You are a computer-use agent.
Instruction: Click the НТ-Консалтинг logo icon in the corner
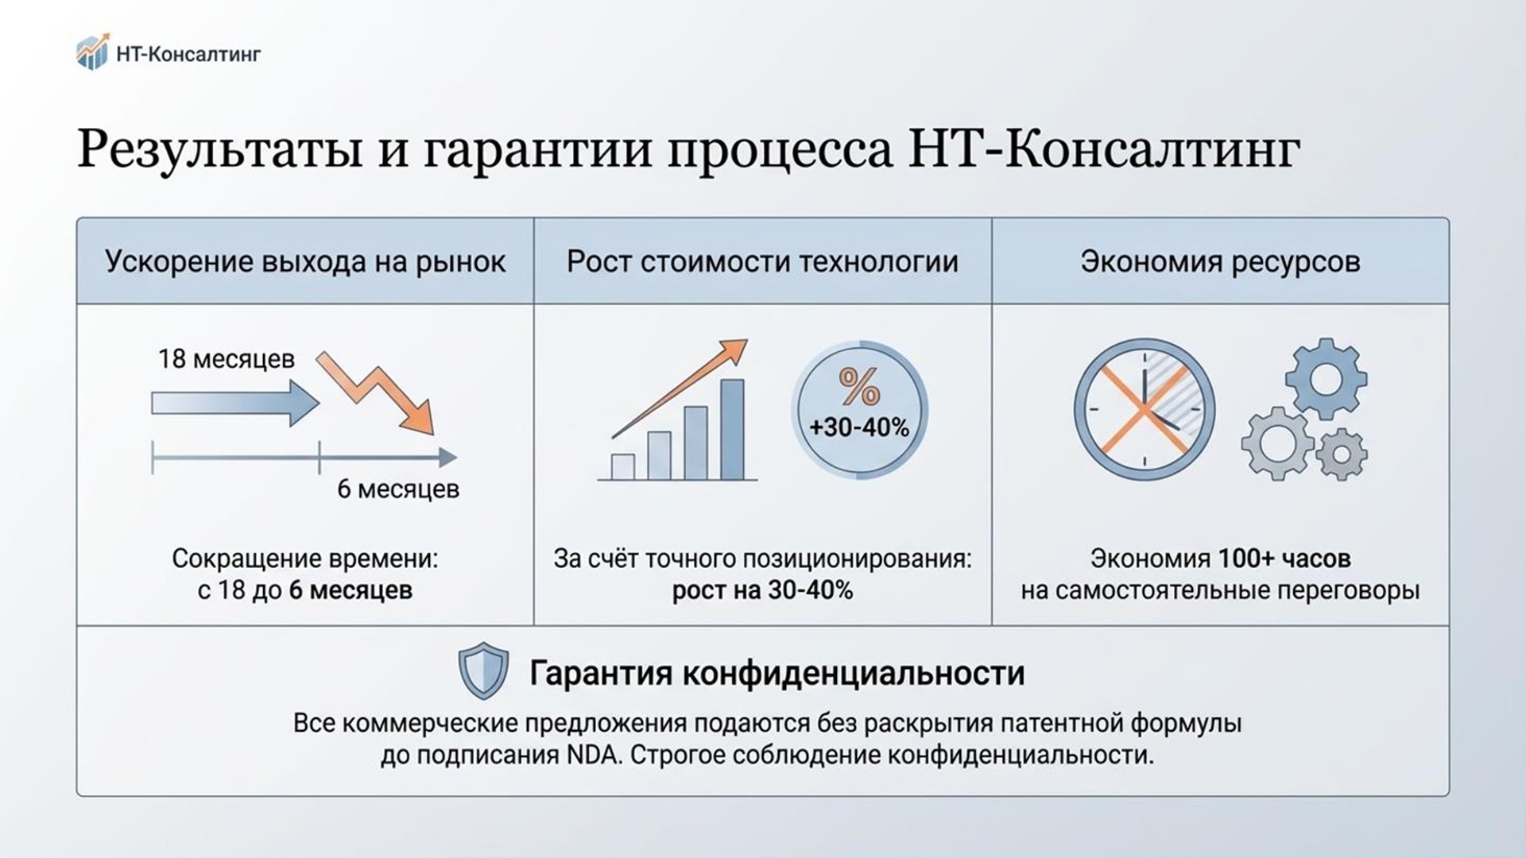[92, 52]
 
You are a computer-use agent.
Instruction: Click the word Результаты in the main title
[221, 149]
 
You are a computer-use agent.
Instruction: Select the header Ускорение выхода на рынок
[305, 261]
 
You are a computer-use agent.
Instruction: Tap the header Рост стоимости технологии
[762, 261]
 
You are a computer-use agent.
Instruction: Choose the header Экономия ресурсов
[1220, 261]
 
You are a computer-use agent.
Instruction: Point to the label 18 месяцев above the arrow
[227, 359]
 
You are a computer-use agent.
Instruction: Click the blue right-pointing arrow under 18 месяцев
[235, 403]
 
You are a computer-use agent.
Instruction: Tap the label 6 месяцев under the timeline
[398, 489]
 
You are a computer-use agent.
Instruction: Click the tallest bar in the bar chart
[732, 429]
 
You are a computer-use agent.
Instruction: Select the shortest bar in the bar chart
[622, 467]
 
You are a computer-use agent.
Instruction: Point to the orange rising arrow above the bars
[680, 388]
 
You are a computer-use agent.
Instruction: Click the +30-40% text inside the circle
[859, 427]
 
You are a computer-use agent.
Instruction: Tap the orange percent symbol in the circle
[859, 387]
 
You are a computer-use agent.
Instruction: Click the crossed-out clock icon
[1144, 409]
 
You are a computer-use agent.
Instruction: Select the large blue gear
[1326, 378]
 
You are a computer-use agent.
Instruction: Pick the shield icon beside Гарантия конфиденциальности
[483, 671]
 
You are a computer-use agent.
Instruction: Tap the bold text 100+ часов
[1284, 558]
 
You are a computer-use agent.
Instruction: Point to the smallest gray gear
[1342, 454]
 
